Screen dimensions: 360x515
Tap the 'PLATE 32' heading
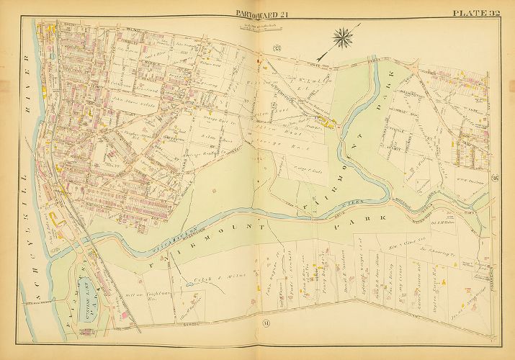point(476,13)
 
